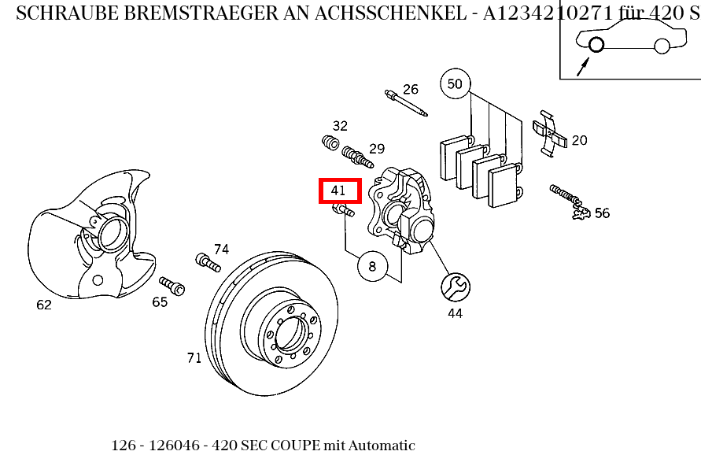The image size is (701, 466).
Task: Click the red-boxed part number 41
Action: coord(339,190)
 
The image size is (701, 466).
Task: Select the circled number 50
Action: coord(455,83)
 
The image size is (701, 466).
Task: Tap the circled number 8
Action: coord(372,267)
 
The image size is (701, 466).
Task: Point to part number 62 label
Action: coord(44,305)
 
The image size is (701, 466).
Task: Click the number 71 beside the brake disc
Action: coord(194,358)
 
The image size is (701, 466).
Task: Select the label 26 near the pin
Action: coord(411,89)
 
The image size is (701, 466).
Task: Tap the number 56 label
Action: coord(602,213)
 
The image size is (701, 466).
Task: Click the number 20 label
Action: coord(579,141)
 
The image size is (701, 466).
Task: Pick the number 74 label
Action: coord(221,250)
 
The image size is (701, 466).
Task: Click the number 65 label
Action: coord(160,302)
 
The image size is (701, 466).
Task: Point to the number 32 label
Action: coord(340,126)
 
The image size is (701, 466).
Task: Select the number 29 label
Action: coord(377,149)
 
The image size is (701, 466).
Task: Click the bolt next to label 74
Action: coord(207,262)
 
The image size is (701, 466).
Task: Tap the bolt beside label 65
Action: coord(172,286)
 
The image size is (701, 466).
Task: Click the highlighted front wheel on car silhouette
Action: coord(596,45)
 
